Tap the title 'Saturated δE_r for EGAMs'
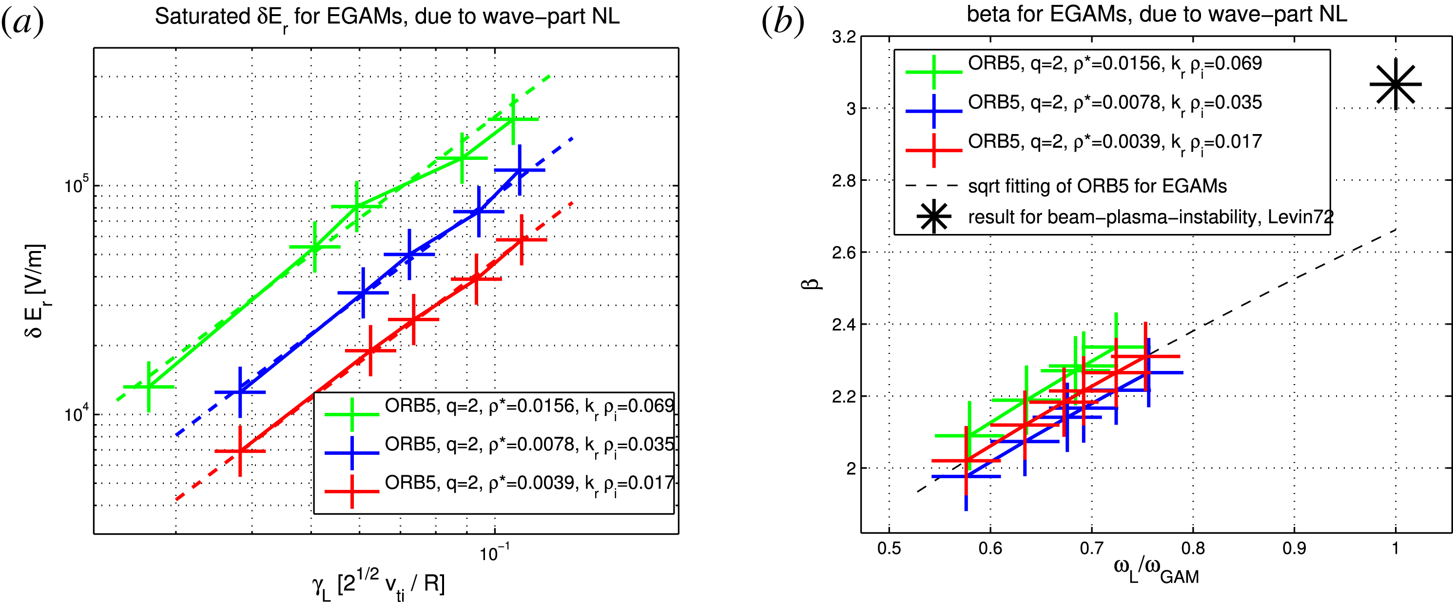(x=387, y=17)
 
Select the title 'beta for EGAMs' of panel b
(x=1156, y=14)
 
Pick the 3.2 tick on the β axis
(x=844, y=37)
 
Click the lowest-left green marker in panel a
(x=148, y=387)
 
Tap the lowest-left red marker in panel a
(x=240, y=451)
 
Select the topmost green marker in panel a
(x=513, y=119)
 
